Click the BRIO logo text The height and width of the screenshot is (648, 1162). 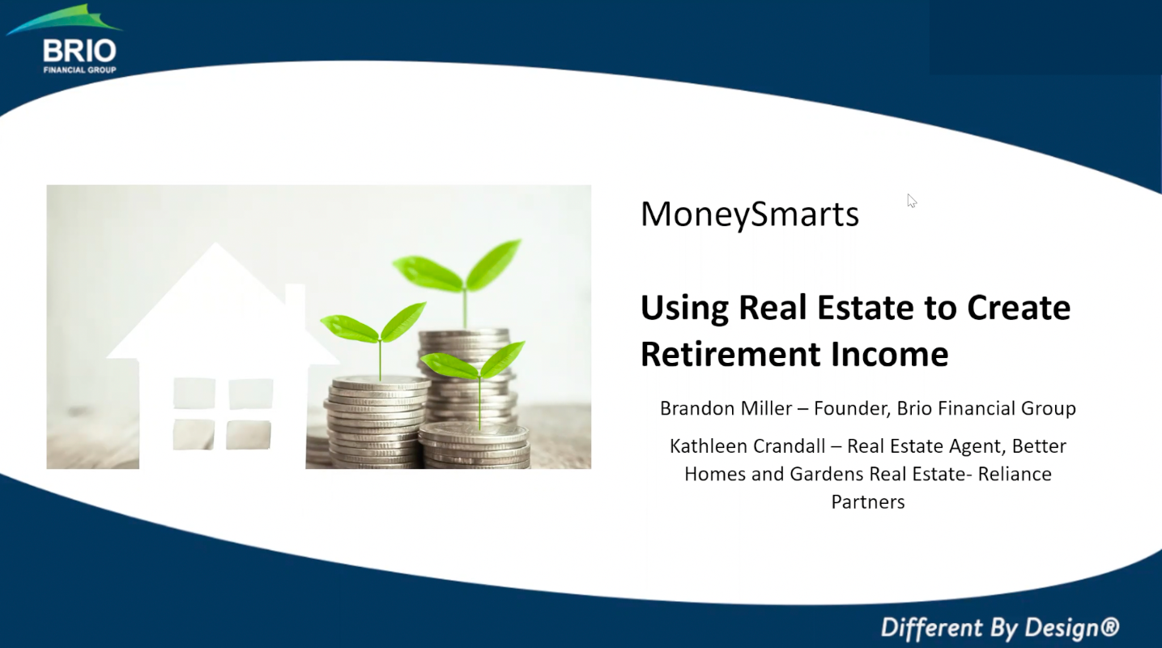80,51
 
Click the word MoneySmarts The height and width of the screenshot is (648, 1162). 750,215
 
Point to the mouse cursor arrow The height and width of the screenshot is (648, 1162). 912,201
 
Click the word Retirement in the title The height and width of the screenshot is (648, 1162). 731,354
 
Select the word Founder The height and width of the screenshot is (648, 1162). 853,409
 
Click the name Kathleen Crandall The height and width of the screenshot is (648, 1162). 747,446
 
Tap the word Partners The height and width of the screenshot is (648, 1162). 868,502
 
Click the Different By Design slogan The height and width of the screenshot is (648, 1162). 999,627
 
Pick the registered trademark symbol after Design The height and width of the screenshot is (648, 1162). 1109,626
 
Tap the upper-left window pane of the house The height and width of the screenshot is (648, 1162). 194,393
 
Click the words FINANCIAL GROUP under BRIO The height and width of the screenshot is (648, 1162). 80,70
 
